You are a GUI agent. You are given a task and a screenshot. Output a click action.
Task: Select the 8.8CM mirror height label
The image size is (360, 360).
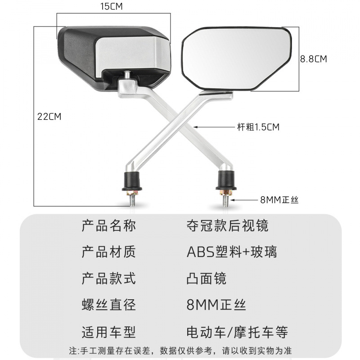coord(314,58)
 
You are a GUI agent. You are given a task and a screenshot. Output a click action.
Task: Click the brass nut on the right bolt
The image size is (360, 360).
coord(226,193)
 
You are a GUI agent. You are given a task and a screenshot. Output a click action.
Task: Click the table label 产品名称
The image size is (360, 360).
coord(108,225)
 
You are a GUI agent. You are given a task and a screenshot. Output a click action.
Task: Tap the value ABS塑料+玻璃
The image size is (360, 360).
coord(232,252)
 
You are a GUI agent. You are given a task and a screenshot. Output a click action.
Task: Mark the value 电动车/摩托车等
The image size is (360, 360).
coord(237,332)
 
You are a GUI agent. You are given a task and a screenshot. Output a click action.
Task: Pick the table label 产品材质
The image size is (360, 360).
coord(108,252)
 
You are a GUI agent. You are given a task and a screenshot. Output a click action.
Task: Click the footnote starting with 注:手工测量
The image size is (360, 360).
coord(180,351)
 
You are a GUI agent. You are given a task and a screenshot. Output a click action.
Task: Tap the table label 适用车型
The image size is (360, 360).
coord(108,332)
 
